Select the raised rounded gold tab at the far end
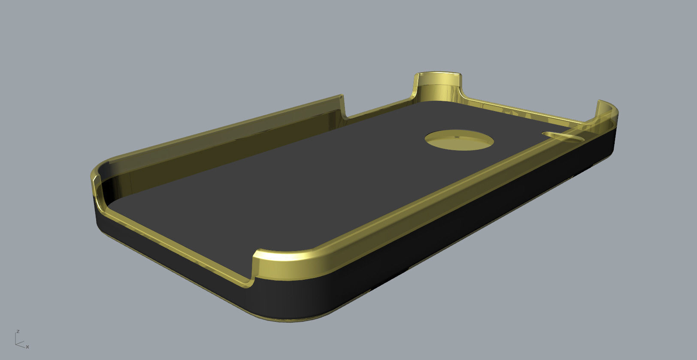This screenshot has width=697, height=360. (x=439, y=86)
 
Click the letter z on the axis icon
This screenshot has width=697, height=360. (x=18, y=331)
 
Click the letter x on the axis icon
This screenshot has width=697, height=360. (x=27, y=347)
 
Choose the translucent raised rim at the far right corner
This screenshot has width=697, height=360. (x=607, y=112)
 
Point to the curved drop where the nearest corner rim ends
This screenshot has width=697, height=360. (x=253, y=275)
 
